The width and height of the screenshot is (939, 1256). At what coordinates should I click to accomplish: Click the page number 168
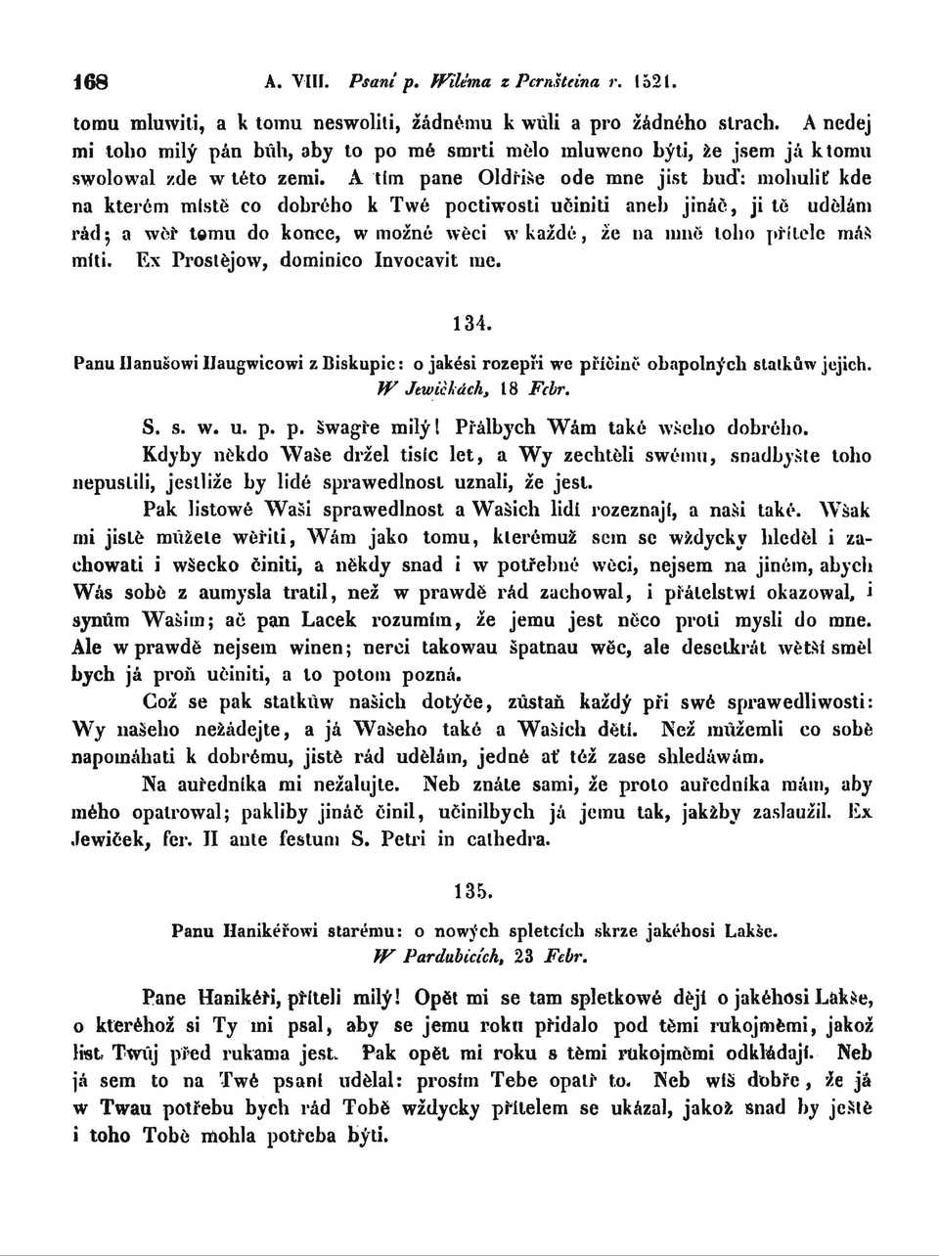(x=93, y=81)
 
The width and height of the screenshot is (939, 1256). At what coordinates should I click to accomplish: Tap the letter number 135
(x=470, y=891)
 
